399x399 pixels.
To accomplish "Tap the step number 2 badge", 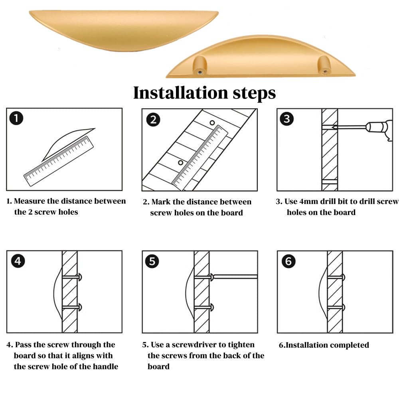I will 153,119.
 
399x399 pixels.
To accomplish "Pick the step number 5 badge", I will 152,261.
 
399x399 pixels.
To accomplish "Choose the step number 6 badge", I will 288,261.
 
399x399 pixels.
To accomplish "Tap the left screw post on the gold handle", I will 199,65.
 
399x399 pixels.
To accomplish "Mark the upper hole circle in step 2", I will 212,123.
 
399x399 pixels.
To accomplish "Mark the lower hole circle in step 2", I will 180,162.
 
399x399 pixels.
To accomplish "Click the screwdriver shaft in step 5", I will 235,276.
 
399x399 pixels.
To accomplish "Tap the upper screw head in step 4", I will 81,276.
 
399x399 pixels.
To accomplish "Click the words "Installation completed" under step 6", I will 326,345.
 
